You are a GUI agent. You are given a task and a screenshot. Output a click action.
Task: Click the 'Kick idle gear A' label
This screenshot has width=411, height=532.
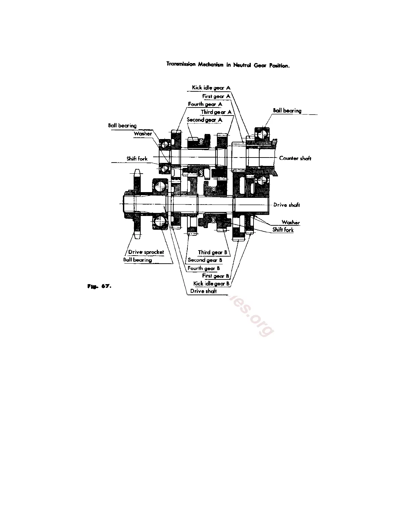(211, 88)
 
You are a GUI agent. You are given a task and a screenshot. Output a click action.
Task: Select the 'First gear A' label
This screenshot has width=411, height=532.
(216, 96)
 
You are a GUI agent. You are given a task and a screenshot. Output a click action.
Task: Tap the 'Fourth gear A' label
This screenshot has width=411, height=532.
(205, 104)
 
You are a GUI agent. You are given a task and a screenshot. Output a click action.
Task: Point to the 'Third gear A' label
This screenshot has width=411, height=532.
(216, 112)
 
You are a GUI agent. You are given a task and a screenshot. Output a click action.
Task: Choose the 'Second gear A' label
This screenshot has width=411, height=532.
(204, 120)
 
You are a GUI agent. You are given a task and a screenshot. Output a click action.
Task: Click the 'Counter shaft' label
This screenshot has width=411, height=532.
(295, 158)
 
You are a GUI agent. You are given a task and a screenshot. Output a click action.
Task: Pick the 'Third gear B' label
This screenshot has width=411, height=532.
(212, 252)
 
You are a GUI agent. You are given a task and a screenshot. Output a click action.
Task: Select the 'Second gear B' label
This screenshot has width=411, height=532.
(205, 260)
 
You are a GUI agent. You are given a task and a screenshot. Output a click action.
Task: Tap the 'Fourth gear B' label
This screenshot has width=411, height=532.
(203, 268)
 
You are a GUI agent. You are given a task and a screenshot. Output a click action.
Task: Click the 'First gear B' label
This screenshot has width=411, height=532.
(215, 276)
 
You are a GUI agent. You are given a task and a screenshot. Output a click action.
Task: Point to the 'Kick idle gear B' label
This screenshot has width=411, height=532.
(211, 283)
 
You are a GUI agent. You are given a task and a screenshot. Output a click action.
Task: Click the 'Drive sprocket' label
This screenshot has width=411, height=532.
(146, 252)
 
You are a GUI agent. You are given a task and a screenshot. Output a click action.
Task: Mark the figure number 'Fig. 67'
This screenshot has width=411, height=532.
(99, 286)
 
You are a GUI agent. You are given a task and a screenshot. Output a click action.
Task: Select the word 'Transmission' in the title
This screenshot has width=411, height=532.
(181, 64)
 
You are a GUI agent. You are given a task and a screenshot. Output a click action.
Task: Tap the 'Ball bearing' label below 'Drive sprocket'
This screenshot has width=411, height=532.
(137, 260)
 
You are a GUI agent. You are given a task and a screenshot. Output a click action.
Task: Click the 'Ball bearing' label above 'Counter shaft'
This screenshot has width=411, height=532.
(287, 110)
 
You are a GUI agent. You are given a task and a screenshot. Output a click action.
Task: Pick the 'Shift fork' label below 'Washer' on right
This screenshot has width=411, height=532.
(283, 230)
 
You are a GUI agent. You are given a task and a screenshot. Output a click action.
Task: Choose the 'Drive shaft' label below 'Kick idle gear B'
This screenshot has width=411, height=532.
(203, 291)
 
